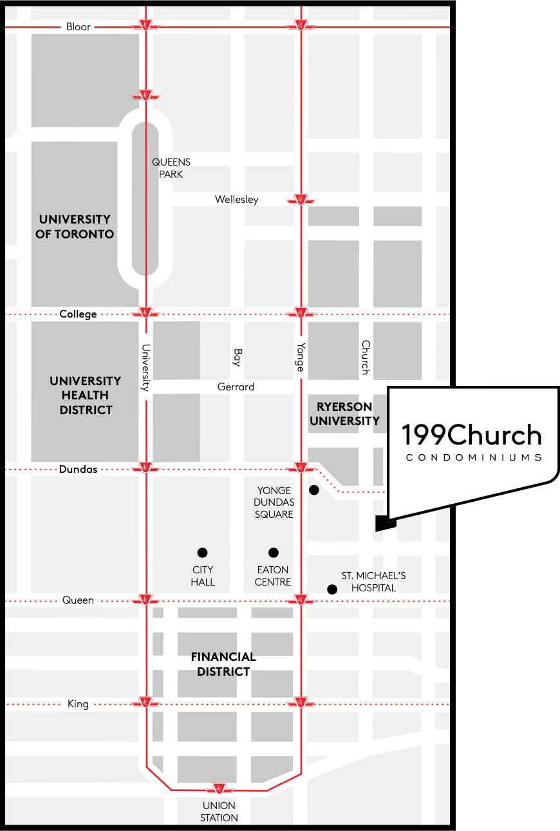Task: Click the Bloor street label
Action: click(x=79, y=27)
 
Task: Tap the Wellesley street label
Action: click(x=237, y=200)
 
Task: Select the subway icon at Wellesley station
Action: click(x=301, y=200)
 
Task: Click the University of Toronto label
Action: click(x=75, y=227)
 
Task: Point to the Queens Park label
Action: click(x=171, y=168)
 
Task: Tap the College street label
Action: click(x=78, y=314)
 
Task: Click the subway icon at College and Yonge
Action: click(x=301, y=314)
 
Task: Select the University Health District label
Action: click(x=86, y=396)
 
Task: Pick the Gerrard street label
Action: click(x=236, y=387)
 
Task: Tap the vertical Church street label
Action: click(x=365, y=358)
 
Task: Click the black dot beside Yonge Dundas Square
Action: click(x=314, y=490)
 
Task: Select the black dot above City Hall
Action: click(x=202, y=552)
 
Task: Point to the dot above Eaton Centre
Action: click(x=274, y=552)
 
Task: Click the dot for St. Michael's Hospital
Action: click(x=332, y=589)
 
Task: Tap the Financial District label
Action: click(x=223, y=664)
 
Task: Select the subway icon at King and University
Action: click(x=146, y=702)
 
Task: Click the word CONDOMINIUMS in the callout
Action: click(x=473, y=458)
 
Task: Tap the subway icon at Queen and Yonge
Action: click(x=301, y=600)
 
